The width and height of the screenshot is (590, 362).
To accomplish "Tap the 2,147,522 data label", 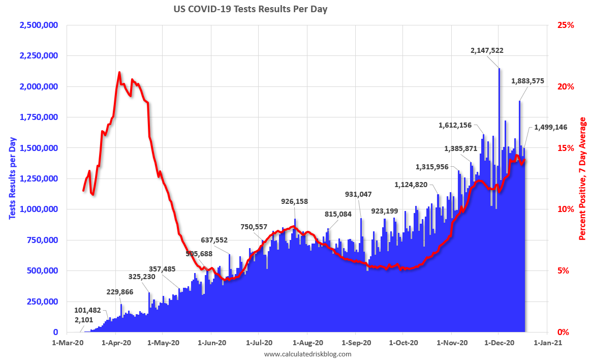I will click(487, 50).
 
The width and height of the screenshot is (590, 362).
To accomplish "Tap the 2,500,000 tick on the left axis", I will click(38, 25).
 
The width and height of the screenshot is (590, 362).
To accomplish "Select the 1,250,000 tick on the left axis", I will click(38, 178).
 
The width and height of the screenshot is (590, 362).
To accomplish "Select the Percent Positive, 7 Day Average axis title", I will click(582, 178).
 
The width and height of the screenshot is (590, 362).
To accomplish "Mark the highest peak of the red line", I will click(119, 72).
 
